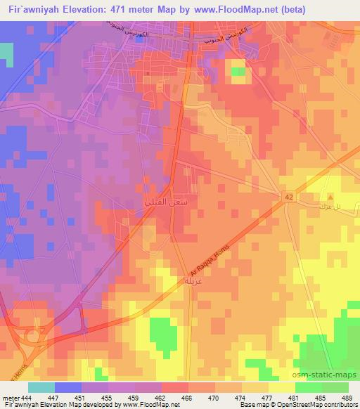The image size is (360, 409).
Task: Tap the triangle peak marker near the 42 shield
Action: click(x=330, y=196)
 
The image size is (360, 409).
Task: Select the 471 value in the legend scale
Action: click(x=229, y=398)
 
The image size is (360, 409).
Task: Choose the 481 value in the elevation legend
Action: click(x=295, y=398)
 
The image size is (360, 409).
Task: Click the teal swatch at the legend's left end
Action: click(x=41, y=387)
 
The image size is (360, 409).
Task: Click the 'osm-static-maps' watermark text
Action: click(x=330, y=374)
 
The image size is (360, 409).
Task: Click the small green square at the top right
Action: click(x=238, y=71)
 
